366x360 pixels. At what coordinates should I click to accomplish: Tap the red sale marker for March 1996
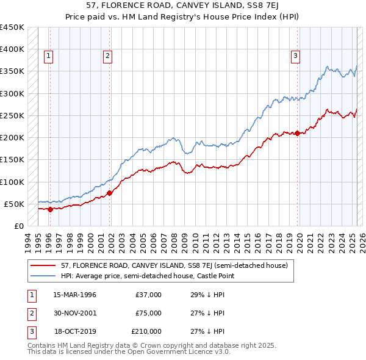pos(50,209)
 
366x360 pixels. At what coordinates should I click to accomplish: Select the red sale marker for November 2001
pos(110,193)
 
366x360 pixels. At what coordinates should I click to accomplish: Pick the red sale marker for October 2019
pos(297,133)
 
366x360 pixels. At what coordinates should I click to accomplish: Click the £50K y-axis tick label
pos(14,204)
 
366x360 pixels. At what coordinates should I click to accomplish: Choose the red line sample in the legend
pos(43,265)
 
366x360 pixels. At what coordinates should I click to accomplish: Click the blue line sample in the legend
pos(43,276)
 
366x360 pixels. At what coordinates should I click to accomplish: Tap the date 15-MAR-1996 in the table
pos(75,295)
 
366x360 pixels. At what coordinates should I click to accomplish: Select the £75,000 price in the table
pos(148,313)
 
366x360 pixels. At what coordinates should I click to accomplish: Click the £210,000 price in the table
pos(146,331)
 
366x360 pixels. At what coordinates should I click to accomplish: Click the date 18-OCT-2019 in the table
pos(75,331)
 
